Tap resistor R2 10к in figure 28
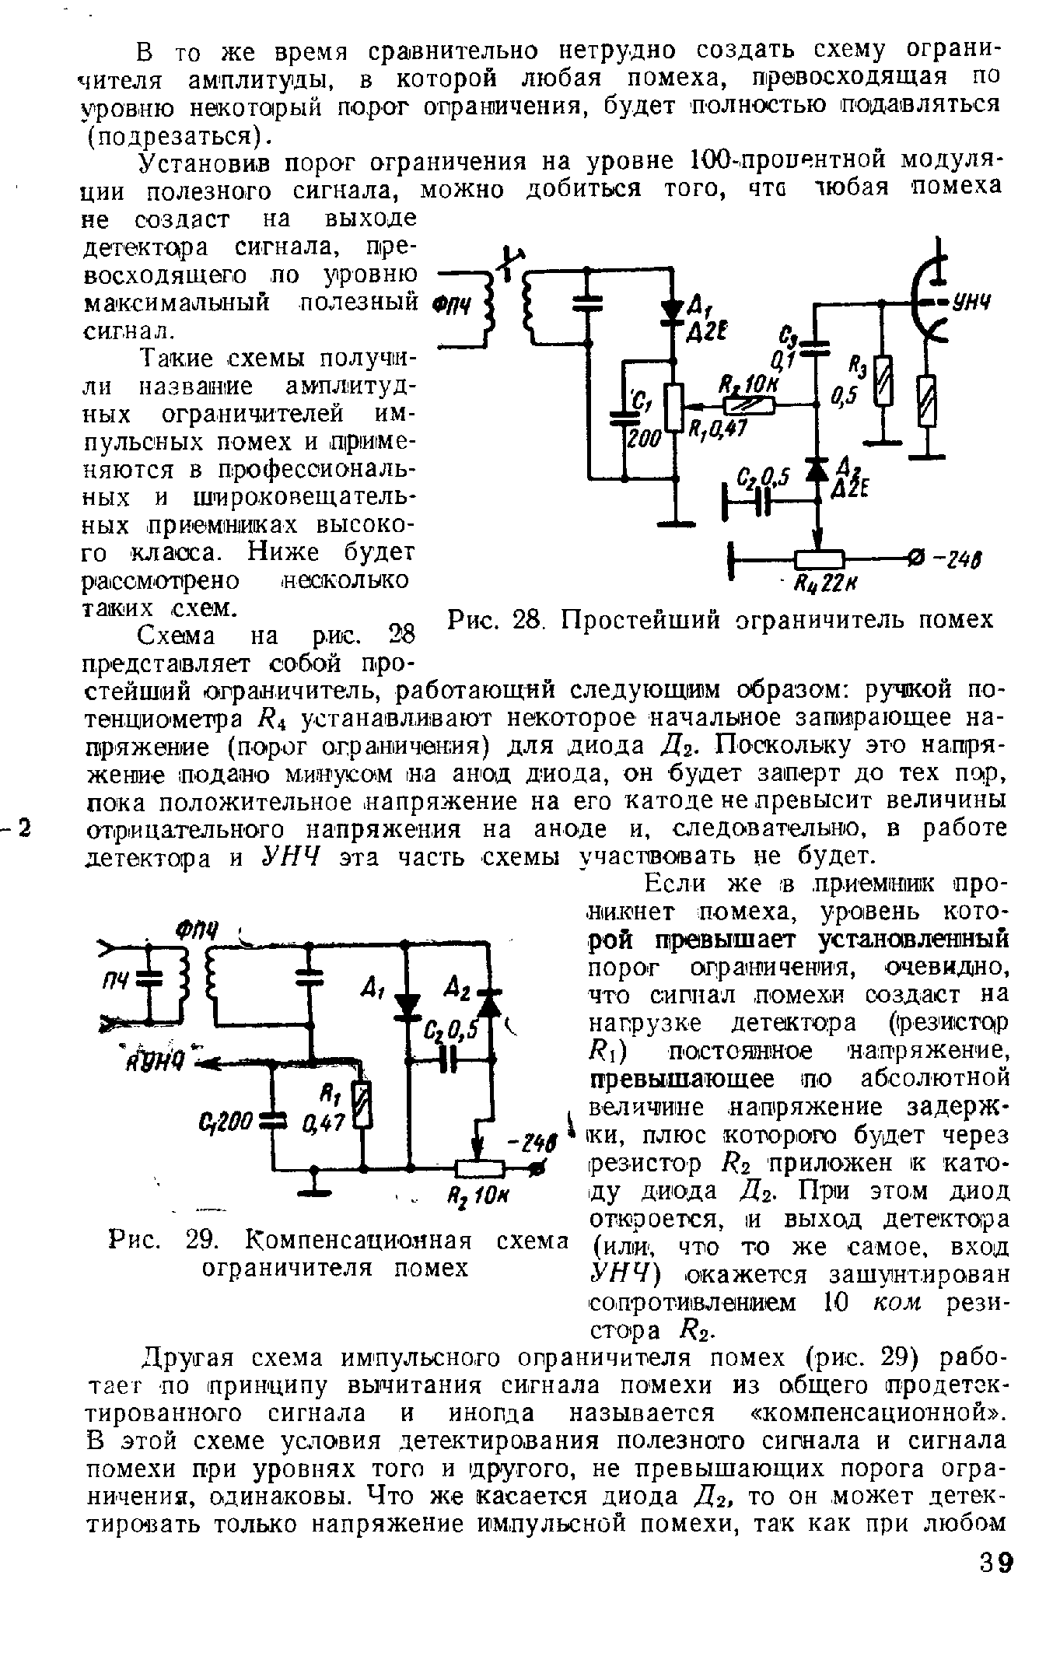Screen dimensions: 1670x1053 [748, 405]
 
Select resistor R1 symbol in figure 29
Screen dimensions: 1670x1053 [362, 1105]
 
